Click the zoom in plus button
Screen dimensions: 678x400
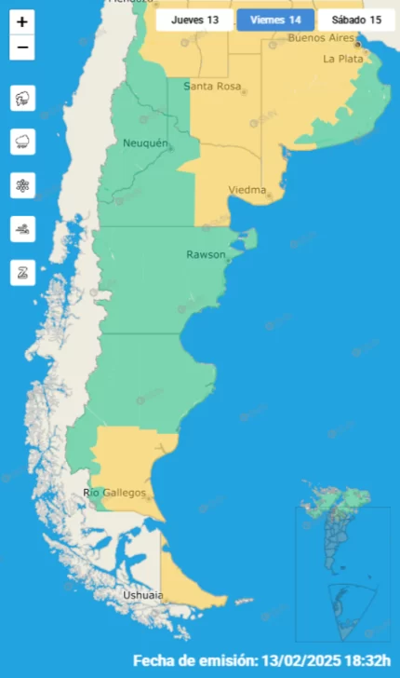point(22,22)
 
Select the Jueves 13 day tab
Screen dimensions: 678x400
point(193,20)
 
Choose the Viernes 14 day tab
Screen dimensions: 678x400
point(275,20)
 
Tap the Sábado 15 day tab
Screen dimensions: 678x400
point(356,20)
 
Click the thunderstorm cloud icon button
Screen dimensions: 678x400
point(22,98)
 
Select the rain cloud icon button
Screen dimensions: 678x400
point(22,142)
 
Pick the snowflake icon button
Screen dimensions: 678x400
point(22,185)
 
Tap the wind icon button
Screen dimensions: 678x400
point(22,229)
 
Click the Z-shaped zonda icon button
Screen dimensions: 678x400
point(22,273)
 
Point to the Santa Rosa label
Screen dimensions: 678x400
point(212,87)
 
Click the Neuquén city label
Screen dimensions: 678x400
point(145,142)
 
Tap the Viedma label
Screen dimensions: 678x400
point(248,190)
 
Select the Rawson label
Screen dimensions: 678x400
point(205,254)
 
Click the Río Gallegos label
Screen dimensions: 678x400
point(115,493)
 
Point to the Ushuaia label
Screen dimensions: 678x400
point(143,595)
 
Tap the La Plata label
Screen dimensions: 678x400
point(341,58)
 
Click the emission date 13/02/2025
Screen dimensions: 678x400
point(309,660)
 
